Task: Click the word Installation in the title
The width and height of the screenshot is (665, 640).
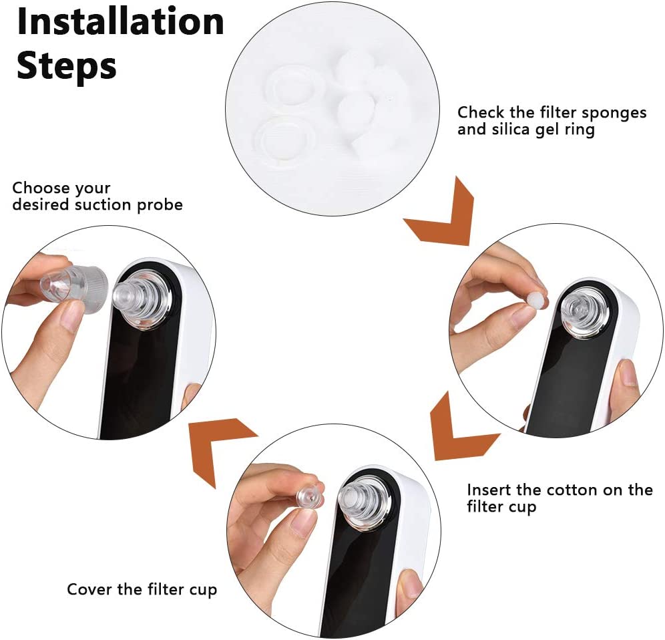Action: tap(120, 22)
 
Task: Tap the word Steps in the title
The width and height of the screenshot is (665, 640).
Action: tap(67, 66)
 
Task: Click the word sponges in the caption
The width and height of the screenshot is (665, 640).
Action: tap(614, 114)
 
